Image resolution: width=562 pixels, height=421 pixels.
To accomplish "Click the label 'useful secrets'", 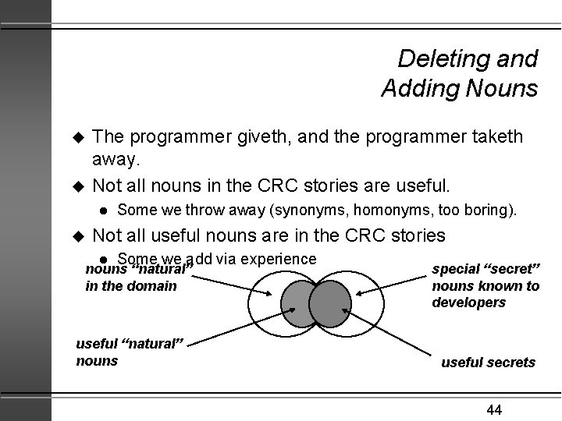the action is [x=488, y=362].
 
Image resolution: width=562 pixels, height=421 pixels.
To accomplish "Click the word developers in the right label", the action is [x=468, y=302].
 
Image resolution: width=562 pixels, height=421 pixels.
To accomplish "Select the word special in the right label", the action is [x=457, y=270].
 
